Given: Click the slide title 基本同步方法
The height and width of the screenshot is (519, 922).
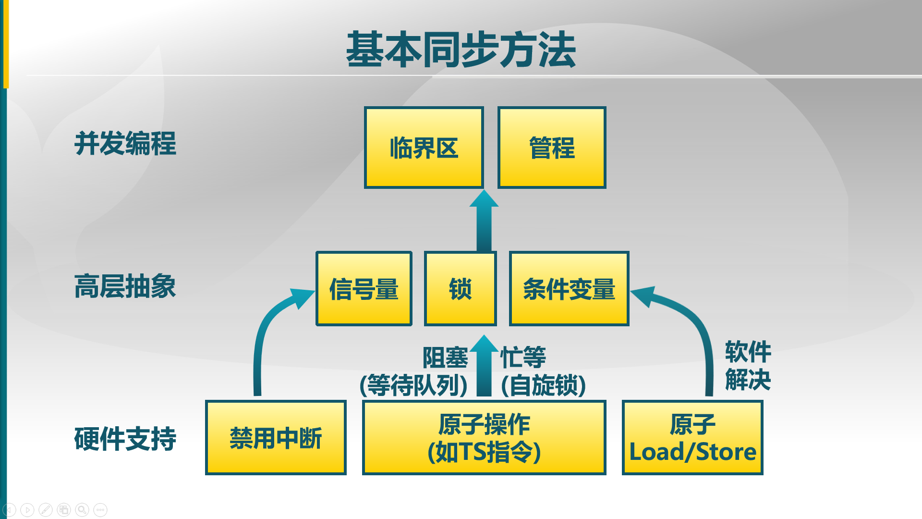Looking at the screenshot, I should coord(461,49).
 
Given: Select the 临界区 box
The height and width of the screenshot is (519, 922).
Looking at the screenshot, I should coord(424,148).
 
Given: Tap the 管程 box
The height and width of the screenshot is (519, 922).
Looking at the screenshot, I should coord(552,148).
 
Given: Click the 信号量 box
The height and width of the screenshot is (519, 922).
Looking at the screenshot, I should coord(364,289).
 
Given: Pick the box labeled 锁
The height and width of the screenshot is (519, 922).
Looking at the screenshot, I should coord(460,289).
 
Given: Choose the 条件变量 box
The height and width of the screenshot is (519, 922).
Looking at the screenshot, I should coord(569,289).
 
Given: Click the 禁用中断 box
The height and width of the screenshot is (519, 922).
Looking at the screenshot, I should coord(276,438).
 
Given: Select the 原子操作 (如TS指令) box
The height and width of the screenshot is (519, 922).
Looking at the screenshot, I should coord(484,438).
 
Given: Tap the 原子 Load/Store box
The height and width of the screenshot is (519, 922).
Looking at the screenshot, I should coord(692,438).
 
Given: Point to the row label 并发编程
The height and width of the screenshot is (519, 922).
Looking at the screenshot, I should coord(125,143).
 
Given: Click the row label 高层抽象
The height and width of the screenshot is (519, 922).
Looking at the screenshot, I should coord(125,286).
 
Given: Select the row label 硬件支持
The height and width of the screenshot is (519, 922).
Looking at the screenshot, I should coord(125,439).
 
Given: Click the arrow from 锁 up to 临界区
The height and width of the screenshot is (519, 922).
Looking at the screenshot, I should coord(484,221).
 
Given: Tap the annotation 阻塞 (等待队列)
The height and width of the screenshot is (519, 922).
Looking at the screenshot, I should coord(414,371).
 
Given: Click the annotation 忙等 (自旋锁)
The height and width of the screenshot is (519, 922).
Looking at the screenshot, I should coord(543,371).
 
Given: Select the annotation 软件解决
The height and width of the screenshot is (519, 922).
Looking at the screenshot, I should coord(748,366).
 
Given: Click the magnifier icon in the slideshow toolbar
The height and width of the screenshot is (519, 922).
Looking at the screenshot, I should coord(82,509).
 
